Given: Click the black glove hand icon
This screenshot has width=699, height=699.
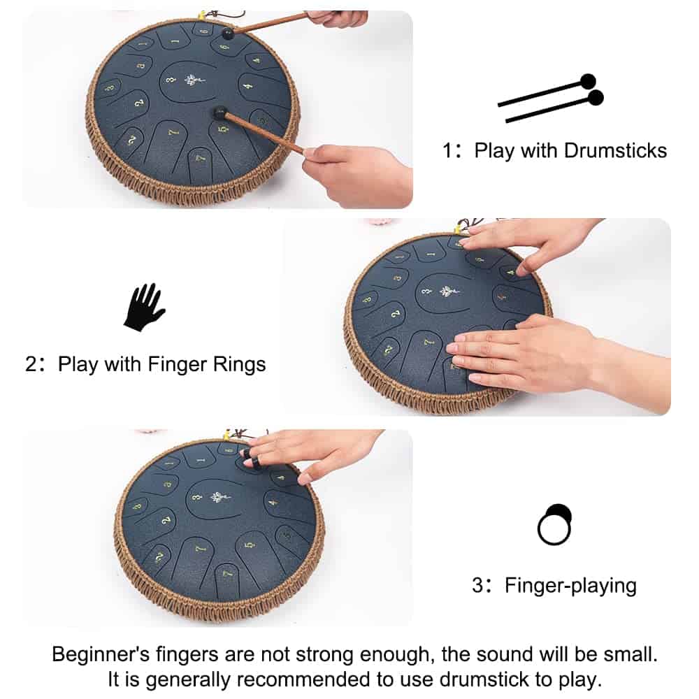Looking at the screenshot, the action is coord(143,308).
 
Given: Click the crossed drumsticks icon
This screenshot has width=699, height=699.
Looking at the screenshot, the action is coord(551,98).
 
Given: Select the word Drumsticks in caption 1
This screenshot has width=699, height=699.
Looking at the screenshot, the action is coord(615,151).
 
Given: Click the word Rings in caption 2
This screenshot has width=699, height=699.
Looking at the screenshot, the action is coord(239,364).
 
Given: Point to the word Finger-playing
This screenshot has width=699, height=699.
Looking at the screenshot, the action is coord(570,585).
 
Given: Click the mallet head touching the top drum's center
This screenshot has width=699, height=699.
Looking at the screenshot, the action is coord(219,113).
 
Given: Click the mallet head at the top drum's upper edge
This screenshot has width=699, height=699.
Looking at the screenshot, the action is coord(228,33).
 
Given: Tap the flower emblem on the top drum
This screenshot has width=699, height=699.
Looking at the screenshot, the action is coord(194,80).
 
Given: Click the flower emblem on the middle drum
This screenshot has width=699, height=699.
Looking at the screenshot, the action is coord(449,291).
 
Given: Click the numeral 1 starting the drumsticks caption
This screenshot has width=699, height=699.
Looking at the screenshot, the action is coord(447,151).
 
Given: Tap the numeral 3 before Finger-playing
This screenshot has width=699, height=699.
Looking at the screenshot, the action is coord(477,585).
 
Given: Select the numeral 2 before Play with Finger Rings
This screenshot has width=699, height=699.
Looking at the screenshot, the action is coord(31,364).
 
